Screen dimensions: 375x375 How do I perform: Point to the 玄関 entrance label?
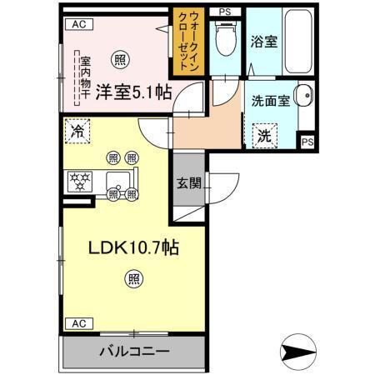187,184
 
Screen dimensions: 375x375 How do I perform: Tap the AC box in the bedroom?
79,24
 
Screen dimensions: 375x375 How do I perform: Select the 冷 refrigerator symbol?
77,132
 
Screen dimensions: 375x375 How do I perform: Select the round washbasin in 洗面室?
303,95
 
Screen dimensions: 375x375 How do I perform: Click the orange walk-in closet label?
184,42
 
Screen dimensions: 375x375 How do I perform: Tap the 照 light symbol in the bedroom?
122,59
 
